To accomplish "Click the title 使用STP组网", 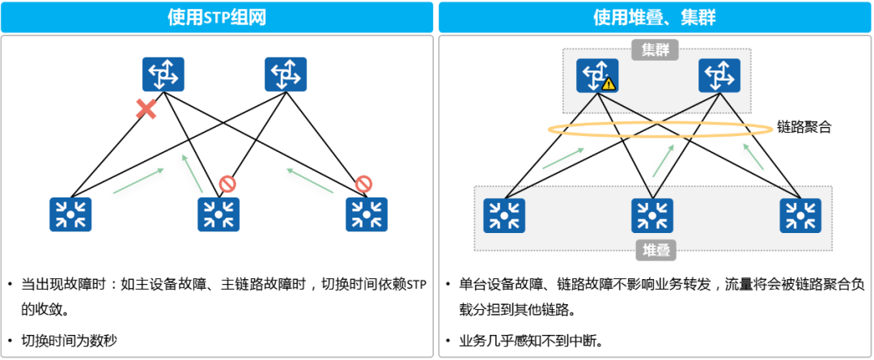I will click(217, 17).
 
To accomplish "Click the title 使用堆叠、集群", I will click(655, 17).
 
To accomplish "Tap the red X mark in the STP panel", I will click(146, 109).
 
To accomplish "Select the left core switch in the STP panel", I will click(163, 74).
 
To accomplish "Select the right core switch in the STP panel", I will click(286, 74).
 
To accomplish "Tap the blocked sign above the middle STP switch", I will click(227, 185).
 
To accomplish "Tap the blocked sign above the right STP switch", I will click(363, 185).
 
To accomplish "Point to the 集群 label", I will click(655, 50).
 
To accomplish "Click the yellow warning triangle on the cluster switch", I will click(609, 83).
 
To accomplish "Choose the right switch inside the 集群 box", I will click(719, 75).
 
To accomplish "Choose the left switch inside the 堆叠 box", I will click(504, 216).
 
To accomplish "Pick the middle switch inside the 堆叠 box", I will click(652, 216).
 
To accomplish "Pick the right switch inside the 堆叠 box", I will click(800, 216).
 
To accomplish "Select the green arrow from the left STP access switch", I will click(138, 181).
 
